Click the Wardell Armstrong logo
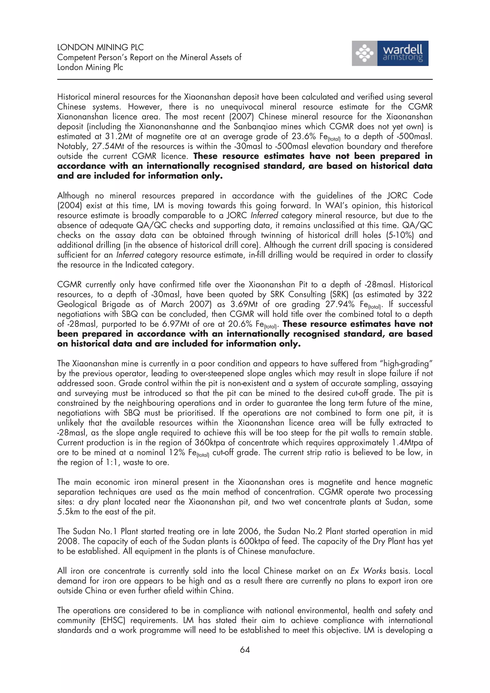(390, 53)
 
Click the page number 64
(245, 649)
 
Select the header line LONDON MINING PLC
(100, 47)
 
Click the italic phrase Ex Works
(368, 571)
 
